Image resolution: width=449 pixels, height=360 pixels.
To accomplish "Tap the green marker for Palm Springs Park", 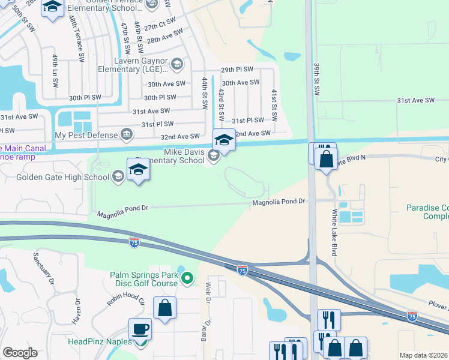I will point(187,278).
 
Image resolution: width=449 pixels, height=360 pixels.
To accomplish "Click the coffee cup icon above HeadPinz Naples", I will point(140,329).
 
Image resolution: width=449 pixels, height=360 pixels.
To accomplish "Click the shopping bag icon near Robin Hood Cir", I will point(165,308).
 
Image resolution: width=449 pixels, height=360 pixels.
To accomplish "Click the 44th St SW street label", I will point(205,92).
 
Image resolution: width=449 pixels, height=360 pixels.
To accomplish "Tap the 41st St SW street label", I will point(274,99).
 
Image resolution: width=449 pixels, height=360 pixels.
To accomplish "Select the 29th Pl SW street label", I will point(237,70).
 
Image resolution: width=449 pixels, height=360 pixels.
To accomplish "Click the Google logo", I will point(20,353).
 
